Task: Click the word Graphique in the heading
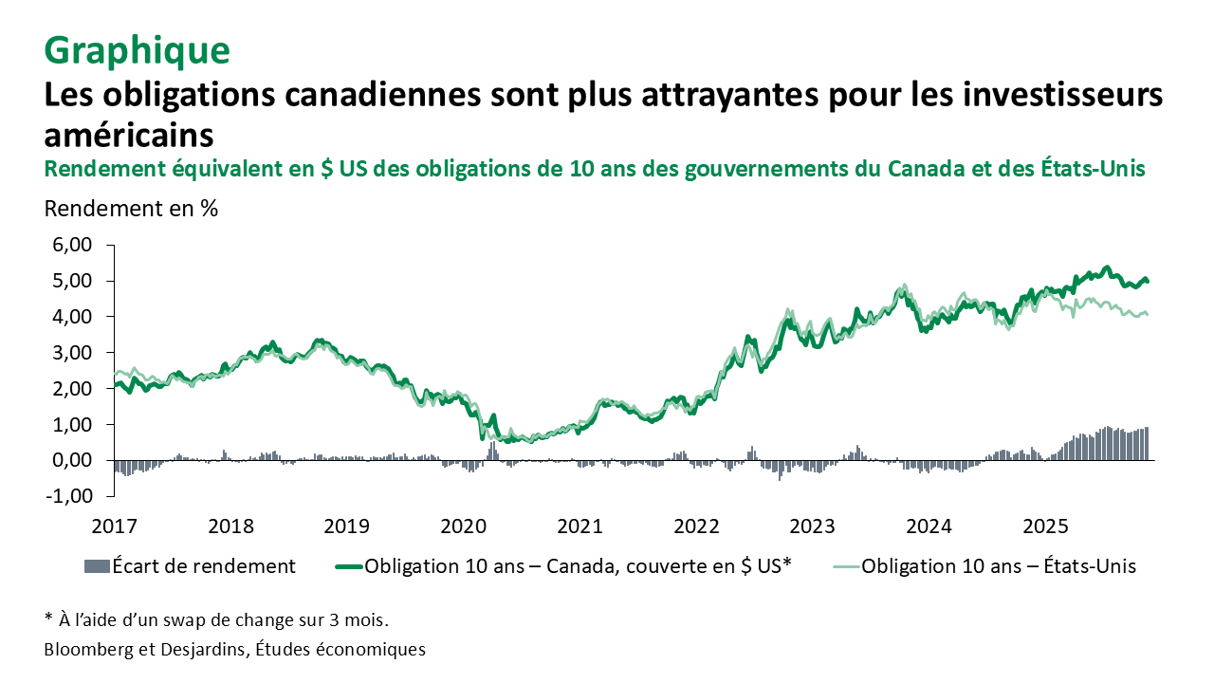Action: point(137,51)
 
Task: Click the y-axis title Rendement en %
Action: point(131,209)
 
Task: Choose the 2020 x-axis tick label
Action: point(463,526)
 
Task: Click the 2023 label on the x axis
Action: point(812,526)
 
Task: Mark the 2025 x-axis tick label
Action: point(1045,526)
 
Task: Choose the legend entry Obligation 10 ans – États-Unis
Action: point(999,566)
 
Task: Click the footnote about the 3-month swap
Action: point(217,620)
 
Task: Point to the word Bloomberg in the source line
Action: point(87,650)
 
